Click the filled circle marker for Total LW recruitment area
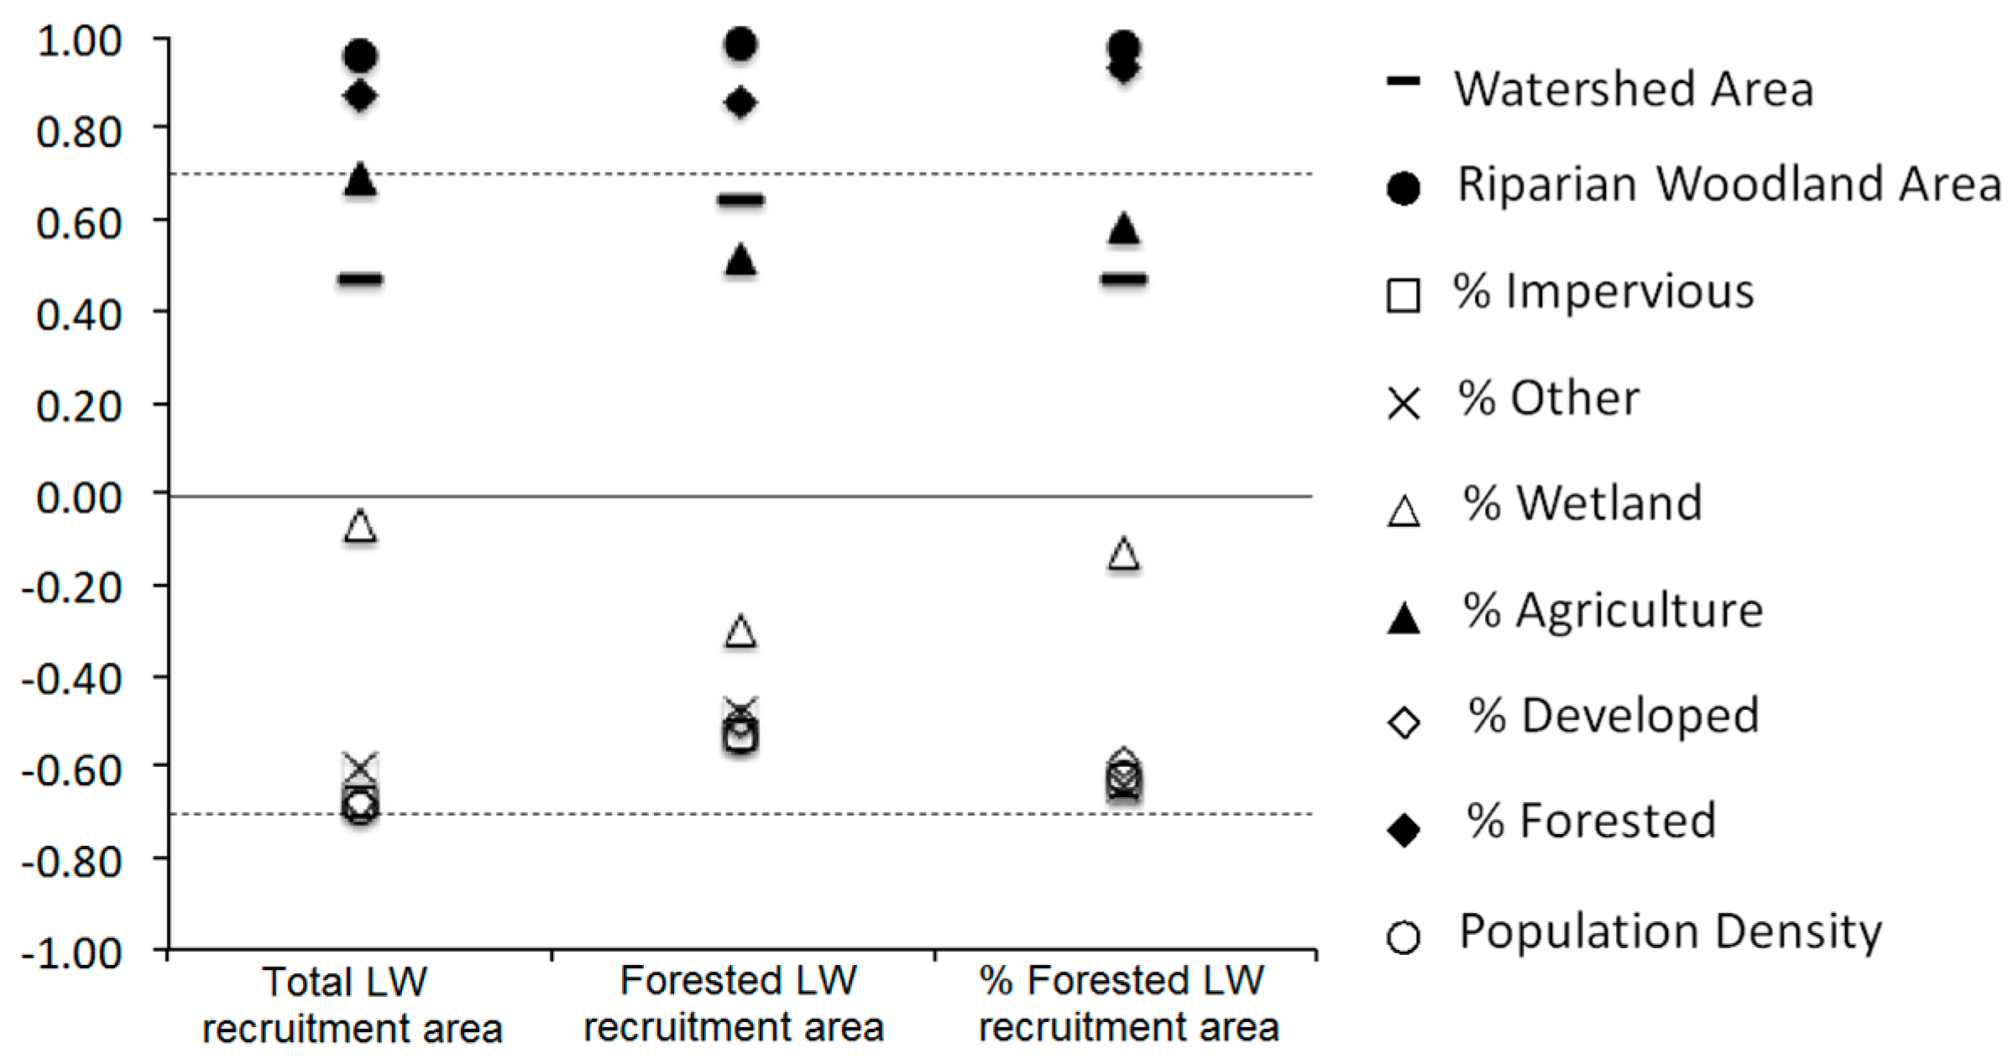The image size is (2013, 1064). (360, 56)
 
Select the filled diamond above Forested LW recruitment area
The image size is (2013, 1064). (740, 103)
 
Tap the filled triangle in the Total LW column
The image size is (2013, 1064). (360, 179)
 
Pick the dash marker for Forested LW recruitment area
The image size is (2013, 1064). (740, 200)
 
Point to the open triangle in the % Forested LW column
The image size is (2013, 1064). (1124, 554)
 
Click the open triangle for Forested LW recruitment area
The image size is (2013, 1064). (740, 631)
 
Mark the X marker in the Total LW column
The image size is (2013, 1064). (360, 766)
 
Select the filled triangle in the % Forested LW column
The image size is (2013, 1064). (1124, 229)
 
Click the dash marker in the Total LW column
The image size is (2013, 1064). (360, 279)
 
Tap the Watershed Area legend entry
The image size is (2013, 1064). (1633, 89)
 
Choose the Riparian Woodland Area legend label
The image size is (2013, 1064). (1728, 184)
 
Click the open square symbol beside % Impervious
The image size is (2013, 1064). (1404, 295)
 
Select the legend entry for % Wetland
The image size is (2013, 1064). (1582, 503)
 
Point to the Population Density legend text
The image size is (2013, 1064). (1670, 931)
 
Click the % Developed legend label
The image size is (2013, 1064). (1613, 716)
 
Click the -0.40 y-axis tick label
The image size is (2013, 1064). (72, 679)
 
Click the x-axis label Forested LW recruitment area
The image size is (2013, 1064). (735, 1004)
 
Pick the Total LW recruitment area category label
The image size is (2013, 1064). (352, 1005)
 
